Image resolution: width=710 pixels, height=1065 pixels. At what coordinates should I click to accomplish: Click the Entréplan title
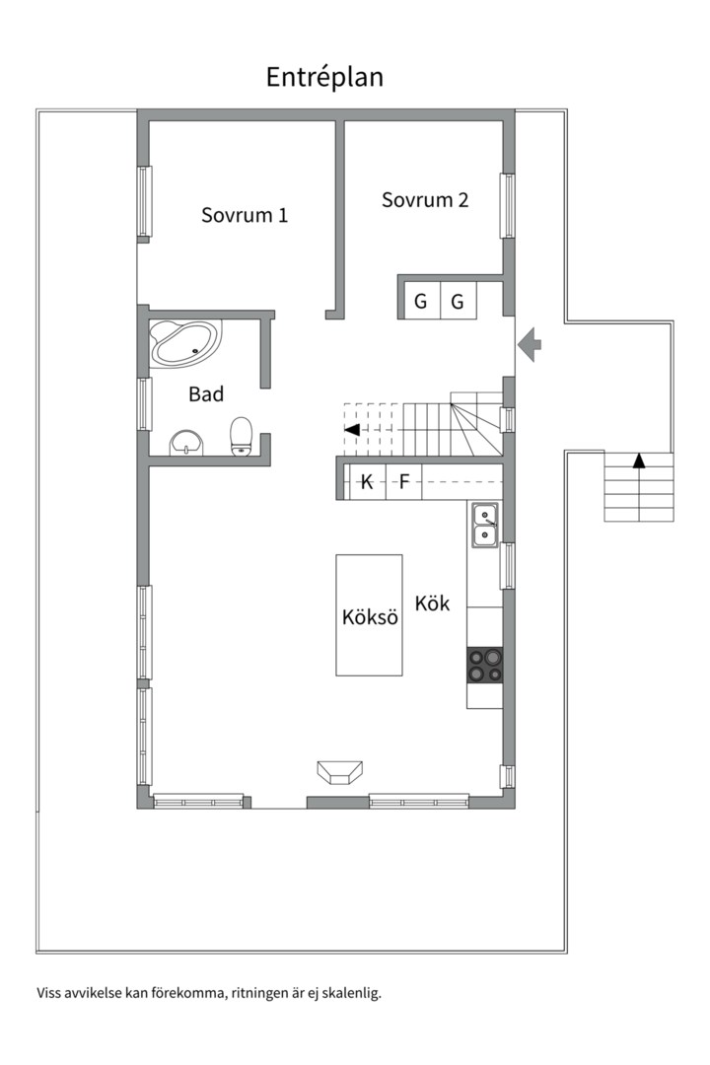[x=324, y=78]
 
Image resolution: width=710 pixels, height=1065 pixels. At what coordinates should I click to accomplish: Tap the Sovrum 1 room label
[x=245, y=215]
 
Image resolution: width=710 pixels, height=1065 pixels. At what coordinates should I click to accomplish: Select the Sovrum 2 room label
[x=425, y=199]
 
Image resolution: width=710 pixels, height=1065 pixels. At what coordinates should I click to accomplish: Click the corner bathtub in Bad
[x=184, y=344]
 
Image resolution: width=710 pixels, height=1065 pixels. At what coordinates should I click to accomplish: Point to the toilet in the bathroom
[x=242, y=436]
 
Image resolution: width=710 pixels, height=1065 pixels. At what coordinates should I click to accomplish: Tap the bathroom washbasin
[x=186, y=442]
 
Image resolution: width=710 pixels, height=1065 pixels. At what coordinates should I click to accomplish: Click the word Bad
[x=206, y=393]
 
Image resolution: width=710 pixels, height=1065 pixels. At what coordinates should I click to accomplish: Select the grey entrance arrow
[x=530, y=344]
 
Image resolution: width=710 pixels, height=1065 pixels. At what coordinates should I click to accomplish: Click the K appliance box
[x=366, y=482]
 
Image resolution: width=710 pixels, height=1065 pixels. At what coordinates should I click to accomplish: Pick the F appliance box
[x=404, y=482]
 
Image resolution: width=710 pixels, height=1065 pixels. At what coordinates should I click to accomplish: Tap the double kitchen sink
[x=485, y=525]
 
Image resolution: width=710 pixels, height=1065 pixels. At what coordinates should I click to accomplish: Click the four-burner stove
[x=485, y=665]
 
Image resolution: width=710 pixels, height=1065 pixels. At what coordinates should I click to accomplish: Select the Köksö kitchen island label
[x=370, y=617]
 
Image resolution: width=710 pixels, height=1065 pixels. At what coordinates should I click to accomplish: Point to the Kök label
[x=432, y=603]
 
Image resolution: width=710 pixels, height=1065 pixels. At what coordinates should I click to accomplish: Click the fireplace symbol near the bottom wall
[x=339, y=771]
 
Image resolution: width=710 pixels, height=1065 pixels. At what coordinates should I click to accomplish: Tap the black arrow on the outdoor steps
[x=639, y=461]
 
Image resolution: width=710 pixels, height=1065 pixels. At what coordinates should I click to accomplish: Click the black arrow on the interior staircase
[x=352, y=429]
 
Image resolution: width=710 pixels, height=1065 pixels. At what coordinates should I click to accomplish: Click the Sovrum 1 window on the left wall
[x=143, y=201]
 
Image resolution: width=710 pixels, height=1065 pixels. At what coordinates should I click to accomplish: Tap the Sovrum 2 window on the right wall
[x=508, y=206]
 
